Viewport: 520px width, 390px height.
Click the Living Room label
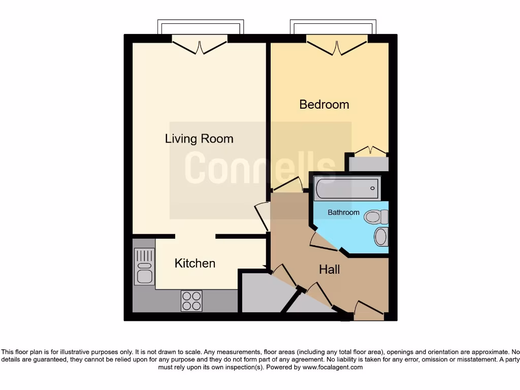tap(199, 139)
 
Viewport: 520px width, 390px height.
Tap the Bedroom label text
tap(324, 105)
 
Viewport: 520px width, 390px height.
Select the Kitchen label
tap(195, 263)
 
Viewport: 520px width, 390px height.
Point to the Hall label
tap(329, 270)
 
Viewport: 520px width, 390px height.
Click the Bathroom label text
tap(343, 212)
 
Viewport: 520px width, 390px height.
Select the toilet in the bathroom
tap(376, 217)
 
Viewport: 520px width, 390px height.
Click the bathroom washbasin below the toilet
tap(381, 237)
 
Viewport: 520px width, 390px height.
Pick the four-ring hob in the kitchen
tap(191, 301)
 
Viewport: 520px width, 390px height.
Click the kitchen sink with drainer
tap(144, 267)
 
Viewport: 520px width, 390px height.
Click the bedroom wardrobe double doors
tap(370, 151)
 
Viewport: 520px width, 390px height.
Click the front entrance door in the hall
tap(369, 311)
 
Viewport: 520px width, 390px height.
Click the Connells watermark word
tap(259, 168)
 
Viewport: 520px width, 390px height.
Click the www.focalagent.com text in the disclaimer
tap(333, 367)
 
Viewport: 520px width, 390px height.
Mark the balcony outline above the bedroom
tap(333, 26)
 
